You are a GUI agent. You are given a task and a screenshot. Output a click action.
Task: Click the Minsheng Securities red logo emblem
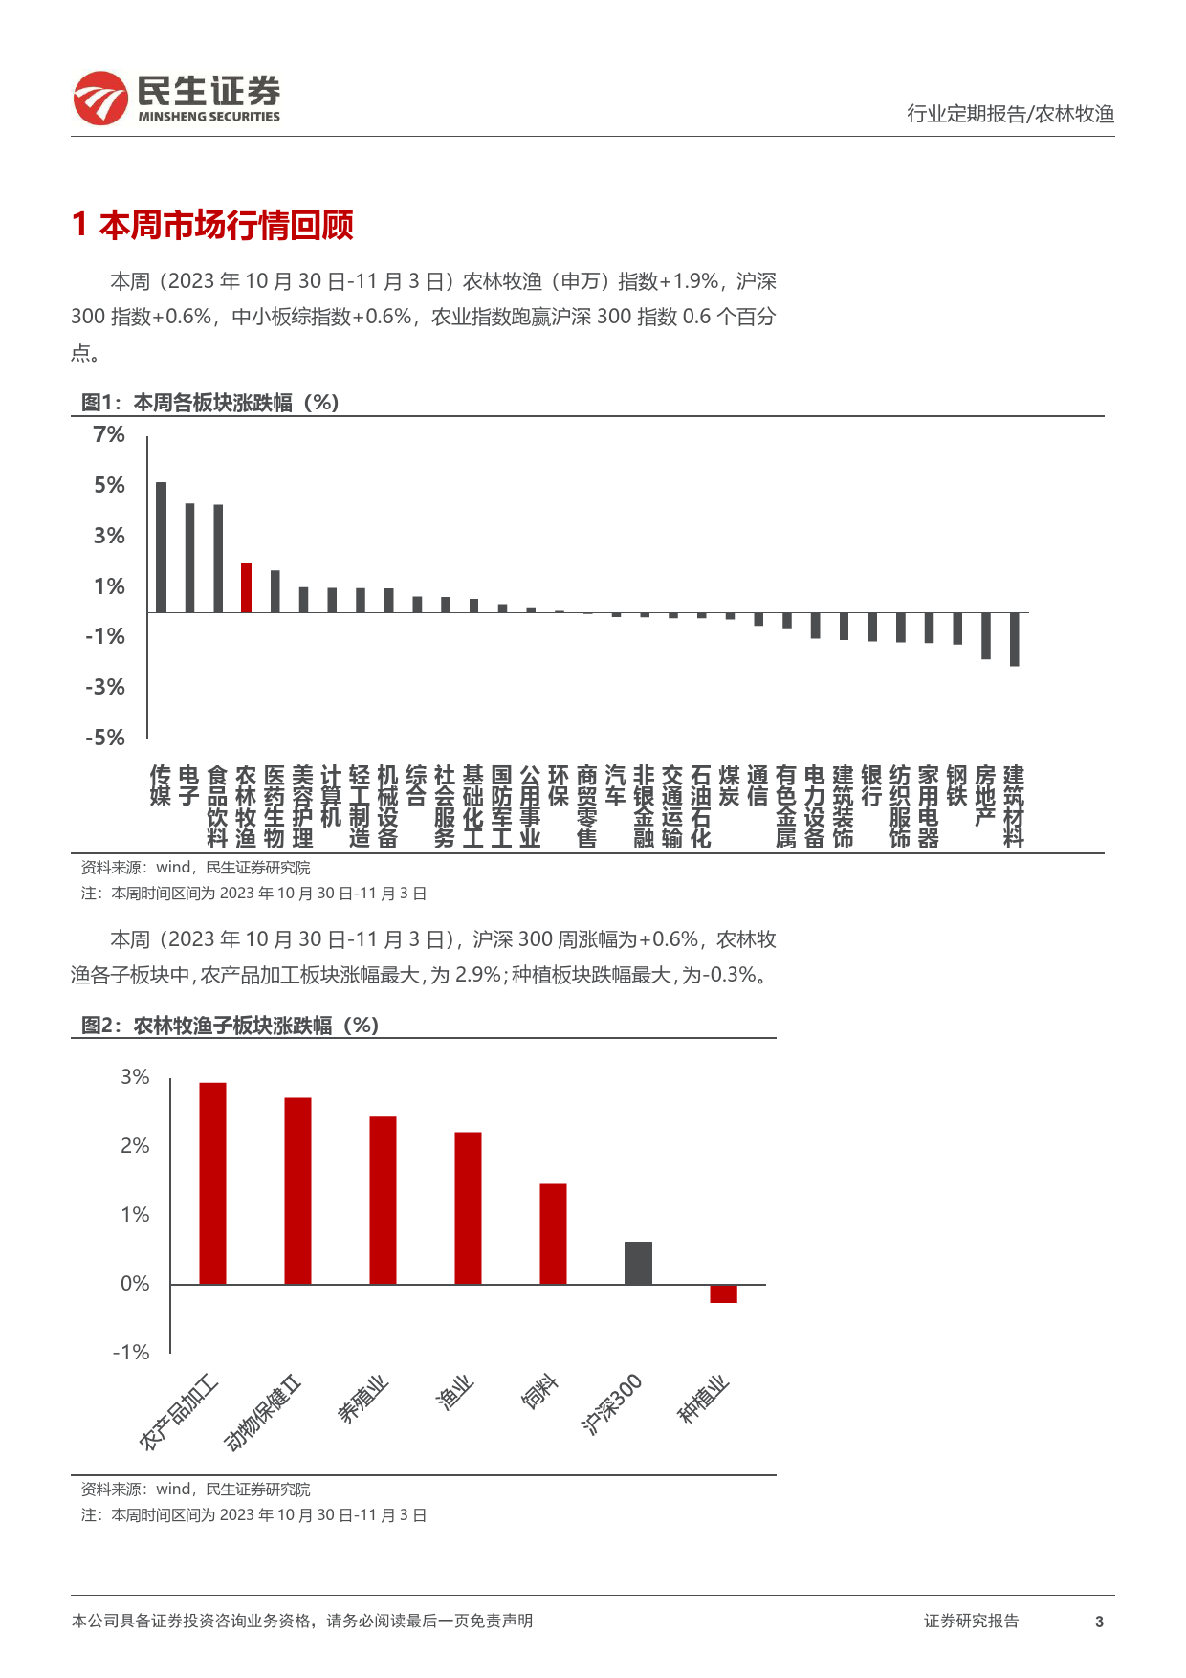tap(100, 99)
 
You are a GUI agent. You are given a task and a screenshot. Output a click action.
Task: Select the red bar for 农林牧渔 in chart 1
tap(246, 587)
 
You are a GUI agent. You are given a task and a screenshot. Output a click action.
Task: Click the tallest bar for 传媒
tap(161, 547)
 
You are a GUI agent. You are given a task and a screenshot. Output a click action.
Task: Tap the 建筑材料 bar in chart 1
tap(1014, 639)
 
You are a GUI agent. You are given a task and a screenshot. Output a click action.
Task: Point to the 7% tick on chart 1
tap(109, 434)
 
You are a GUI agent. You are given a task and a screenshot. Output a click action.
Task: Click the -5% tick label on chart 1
tap(105, 738)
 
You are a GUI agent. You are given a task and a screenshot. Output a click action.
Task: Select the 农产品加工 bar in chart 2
tap(212, 1183)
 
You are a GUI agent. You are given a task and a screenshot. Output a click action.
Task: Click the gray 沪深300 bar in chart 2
tap(638, 1263)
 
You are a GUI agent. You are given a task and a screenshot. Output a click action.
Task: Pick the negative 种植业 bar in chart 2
tap(723, 1293)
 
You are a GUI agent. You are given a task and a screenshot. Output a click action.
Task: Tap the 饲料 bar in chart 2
tap(553, 1234)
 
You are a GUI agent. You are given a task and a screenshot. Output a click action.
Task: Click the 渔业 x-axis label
tap(454, 1393)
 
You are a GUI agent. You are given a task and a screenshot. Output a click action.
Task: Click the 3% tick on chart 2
tap(135, 1077)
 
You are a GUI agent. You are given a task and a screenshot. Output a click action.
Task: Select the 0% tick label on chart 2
tap(135, 1284)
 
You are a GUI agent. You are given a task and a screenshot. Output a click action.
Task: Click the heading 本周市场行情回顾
tap(227, 226)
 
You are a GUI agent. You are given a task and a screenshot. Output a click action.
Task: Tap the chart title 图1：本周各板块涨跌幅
tap(210, 403)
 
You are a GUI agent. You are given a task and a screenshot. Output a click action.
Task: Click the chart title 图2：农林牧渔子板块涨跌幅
tap(231, 1026)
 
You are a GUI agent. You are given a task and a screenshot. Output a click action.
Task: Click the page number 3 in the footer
tap(1099, 1622)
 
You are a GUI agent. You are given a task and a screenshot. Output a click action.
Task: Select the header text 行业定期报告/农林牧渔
tap(1011, 114)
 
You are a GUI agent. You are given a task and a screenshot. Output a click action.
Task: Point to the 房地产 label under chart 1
tap(985, 796)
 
